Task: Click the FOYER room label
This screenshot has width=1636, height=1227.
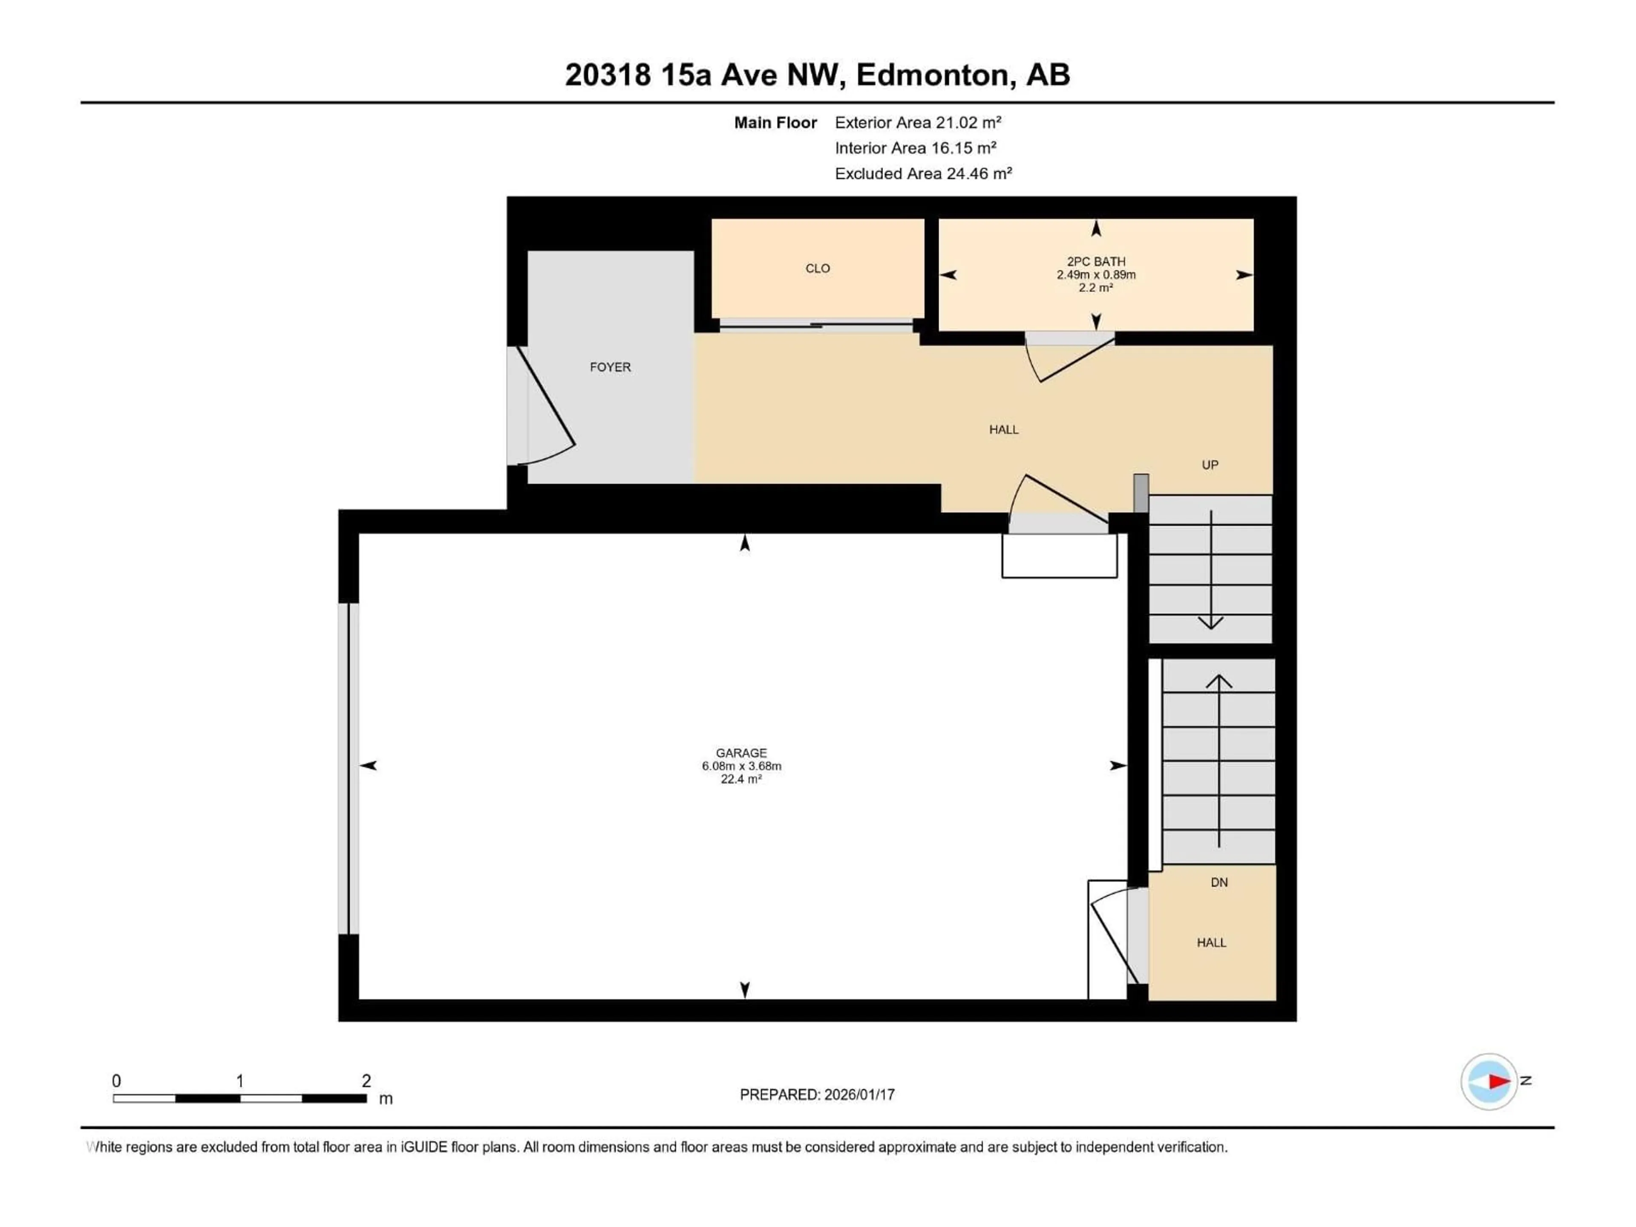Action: click(x=610, y=367)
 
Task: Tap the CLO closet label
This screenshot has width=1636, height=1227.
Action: click(x=817, y=268)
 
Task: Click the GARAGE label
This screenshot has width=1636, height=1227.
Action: click(x=741, y=753)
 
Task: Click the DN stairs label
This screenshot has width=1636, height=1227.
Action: click(x=1219, y=882)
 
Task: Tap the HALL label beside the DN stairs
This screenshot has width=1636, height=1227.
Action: click(x=1212, y=943)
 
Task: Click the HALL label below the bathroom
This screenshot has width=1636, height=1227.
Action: click(x=1004, y=430)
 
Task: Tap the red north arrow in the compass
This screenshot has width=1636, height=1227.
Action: click(x=1499, y=1081)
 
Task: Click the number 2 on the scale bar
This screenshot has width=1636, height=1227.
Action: click(x=366, y=1080)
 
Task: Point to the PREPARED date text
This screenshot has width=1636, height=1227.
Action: click(x=817, y=1095)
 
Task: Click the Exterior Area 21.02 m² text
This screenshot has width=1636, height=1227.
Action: click(x=918, y=123)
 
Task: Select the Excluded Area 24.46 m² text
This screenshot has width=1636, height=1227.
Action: click(x=923, y=174)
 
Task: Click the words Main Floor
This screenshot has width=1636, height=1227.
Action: click(x=775, y=123)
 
